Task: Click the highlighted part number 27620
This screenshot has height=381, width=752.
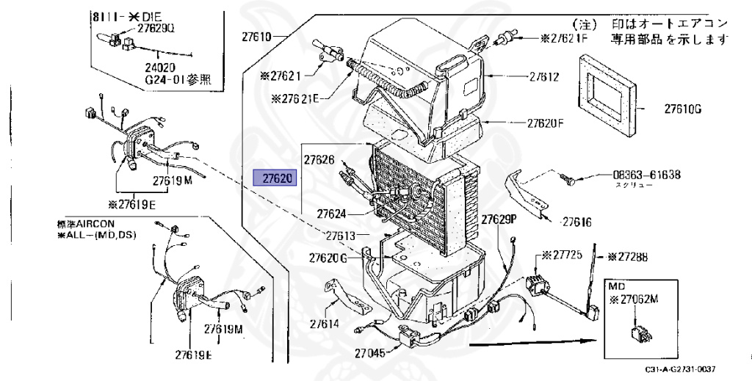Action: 273,178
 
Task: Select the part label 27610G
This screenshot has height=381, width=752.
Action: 684,109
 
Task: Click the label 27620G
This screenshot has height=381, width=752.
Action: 328,258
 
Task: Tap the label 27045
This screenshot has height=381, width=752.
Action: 368,353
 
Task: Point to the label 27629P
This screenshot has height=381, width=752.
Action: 500,219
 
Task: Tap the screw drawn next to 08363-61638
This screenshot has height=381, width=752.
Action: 569,176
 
